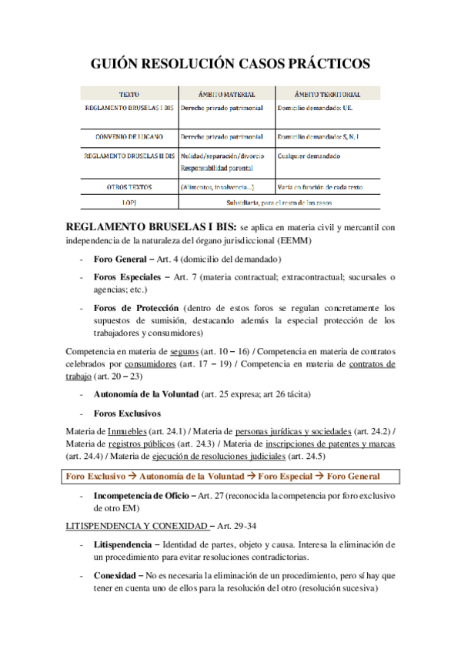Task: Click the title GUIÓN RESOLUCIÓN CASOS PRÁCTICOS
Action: (x=230, y=63)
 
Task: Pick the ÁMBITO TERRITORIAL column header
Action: (x=328, y=94)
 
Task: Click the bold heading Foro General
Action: (x=122, y=258)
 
